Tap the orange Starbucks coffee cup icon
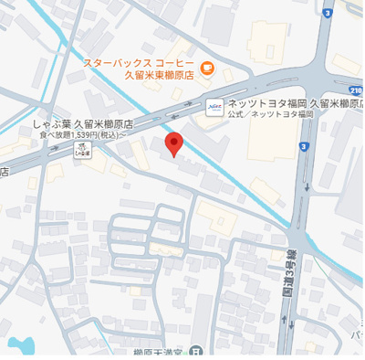(207, 67)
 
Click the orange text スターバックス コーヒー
(136, 63)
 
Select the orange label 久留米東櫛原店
(158, 79)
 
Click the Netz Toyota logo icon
(214, 106)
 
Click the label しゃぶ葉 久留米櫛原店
(83, 122)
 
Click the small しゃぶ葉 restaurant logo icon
(83, 149)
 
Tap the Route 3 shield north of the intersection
(325, 16)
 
